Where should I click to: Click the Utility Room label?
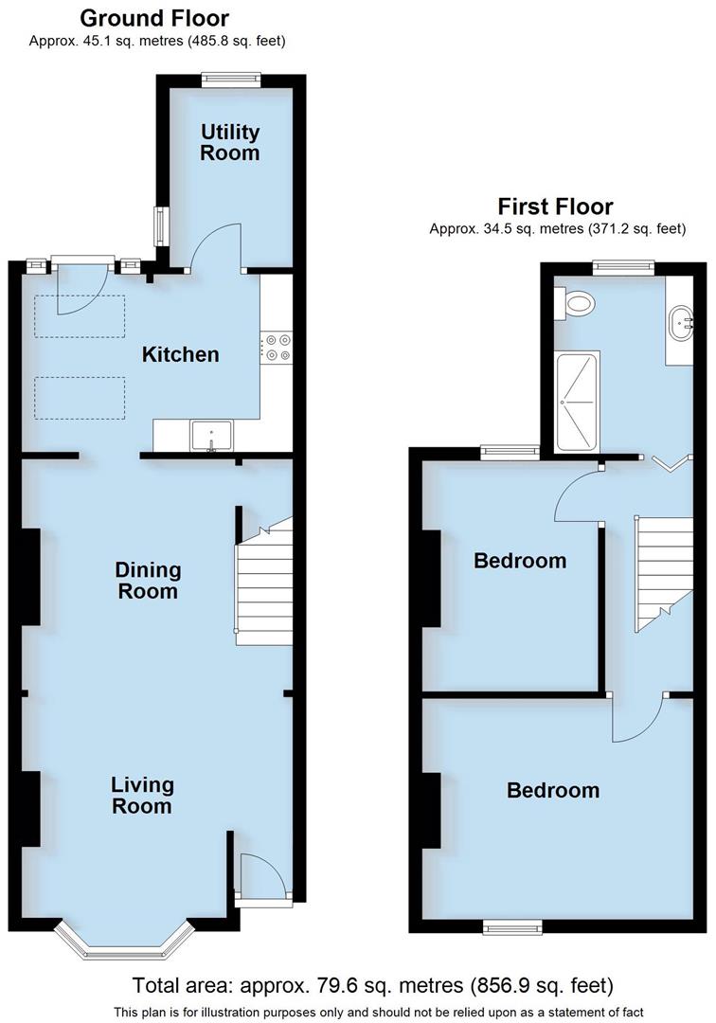[229, 142]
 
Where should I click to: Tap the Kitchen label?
[180, 355]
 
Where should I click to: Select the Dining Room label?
[148, 581]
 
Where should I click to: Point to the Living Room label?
[142, 796]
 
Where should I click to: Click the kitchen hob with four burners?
[277, 347]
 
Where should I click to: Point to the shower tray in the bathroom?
[578, 402]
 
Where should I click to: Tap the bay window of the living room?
[123, 942]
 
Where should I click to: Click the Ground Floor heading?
[154, 18]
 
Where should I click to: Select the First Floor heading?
[556, 206]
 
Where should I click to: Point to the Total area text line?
[372, 985]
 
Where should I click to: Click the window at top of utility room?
[231, 81]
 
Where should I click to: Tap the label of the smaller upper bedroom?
[520, 561]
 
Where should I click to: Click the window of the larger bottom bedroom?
[512, 925]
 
